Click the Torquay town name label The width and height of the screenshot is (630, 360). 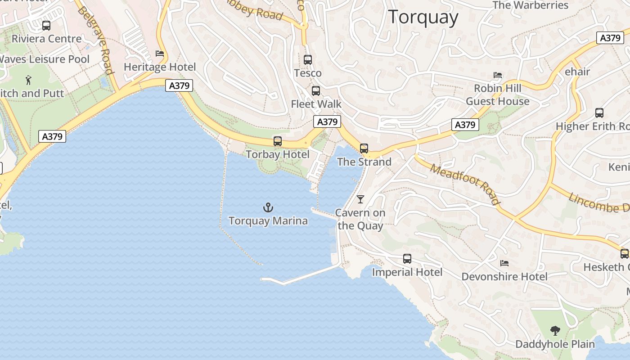click(x=423, y=18)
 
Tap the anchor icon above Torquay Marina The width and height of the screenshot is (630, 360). click(x=268, y=207)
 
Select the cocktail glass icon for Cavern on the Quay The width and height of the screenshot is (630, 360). click(x=360, y=199)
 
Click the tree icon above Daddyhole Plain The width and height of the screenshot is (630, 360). click(x=555, y=331)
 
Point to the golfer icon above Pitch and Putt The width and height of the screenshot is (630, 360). click(x=29, y=80)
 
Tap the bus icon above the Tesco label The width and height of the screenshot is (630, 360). click(x=308, y=59)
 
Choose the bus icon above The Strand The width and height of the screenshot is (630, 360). click(x=364, y=148)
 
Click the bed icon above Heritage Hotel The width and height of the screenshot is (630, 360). click(x=160, y=54)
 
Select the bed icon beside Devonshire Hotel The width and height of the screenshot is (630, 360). click(x=504, y=263)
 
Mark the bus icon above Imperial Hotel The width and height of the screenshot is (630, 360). click(x=407, y=259)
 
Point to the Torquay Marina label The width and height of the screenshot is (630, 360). click(x=268, y=221)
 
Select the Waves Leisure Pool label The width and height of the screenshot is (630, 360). click(x=44, y=59)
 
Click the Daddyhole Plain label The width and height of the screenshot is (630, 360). click(x=555, y=344)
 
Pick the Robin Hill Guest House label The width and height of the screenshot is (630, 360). click(x=498, y=94)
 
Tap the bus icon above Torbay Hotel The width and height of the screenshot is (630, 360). click(x=278, y=141)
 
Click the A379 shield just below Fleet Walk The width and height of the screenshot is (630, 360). click(x=327, y=121)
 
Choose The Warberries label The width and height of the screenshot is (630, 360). click(x=531, y=5)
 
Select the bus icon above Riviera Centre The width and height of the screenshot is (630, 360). click(x=46, y=26)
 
